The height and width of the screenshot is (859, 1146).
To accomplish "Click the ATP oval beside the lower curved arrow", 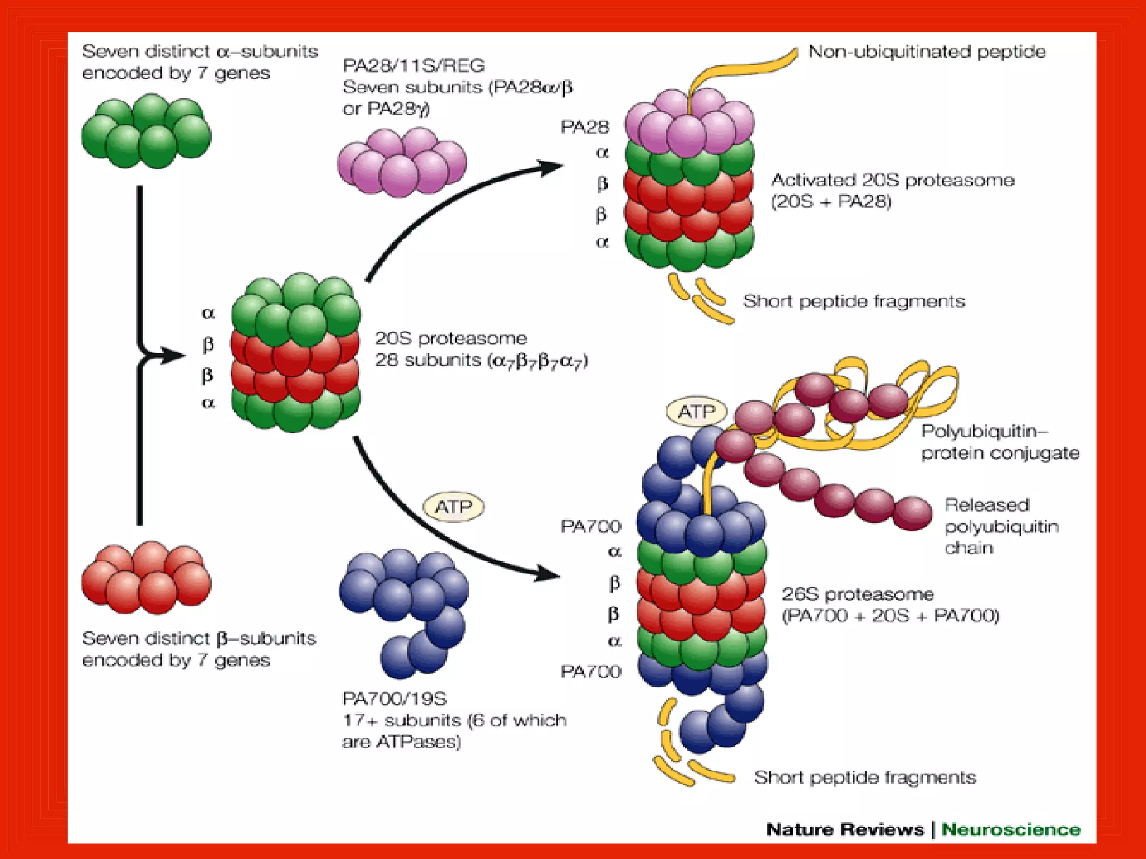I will (x=453, y=507).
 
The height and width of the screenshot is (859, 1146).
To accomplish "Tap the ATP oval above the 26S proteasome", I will (x=696, y=412).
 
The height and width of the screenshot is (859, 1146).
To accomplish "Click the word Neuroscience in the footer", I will (x=1011, y=829).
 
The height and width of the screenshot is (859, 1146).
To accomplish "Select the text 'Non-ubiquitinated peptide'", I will (x=927, y=52).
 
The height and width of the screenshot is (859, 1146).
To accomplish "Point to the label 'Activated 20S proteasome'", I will (x=892, y=181).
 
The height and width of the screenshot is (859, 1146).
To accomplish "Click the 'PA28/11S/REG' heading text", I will (x=413, y=66).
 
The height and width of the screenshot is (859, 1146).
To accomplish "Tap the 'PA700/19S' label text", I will (x=394, y=698).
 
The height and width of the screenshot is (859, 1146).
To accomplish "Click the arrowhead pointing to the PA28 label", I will (x=551, y=167).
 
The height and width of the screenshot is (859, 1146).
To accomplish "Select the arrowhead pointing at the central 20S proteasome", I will (x=173, y=355).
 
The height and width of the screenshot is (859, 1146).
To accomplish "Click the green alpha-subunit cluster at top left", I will (x=146, y=131).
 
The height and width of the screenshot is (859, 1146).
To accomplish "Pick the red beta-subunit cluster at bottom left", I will (x=146, y=577).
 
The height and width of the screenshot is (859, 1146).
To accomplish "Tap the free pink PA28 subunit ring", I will (x=401, y=162).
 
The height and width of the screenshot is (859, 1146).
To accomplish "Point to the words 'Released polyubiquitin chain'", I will (x=1001, y=526).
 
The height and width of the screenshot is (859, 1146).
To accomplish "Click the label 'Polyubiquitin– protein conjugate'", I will (x=999, y=442).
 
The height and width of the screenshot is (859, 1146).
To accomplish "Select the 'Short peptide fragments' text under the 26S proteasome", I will (x=865, y=777).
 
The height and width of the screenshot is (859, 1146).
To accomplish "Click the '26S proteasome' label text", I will (x=857, y=594).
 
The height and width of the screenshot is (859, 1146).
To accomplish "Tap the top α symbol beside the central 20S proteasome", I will (x=208, y=313).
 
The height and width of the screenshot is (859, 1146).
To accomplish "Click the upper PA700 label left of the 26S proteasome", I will (x=590, y=526).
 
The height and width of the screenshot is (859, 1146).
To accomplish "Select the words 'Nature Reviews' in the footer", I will (x=844, y=829).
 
